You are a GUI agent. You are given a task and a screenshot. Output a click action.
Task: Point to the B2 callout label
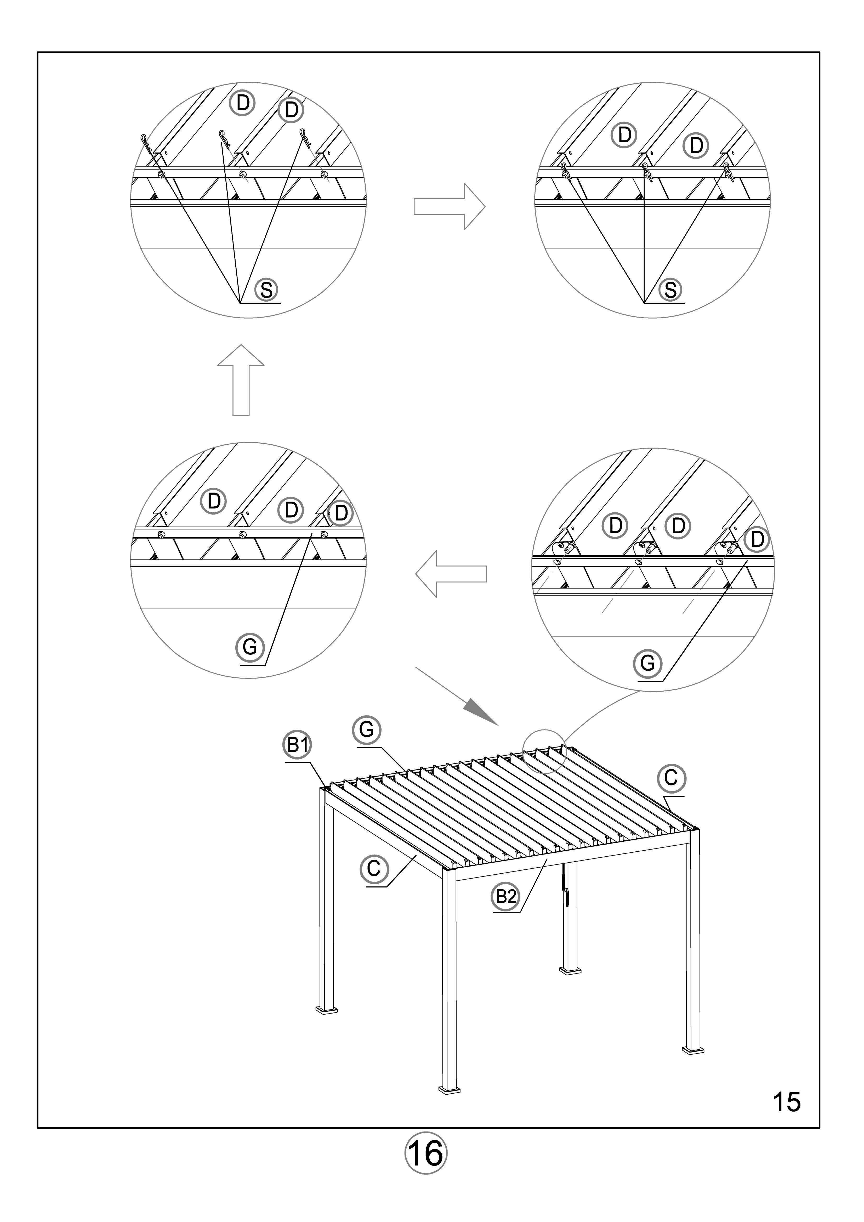(x=505, y=896)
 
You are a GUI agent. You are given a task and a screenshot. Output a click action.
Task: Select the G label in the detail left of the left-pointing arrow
(x=249, y=648)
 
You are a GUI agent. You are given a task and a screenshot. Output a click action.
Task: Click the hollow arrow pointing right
(x=450, y=207)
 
